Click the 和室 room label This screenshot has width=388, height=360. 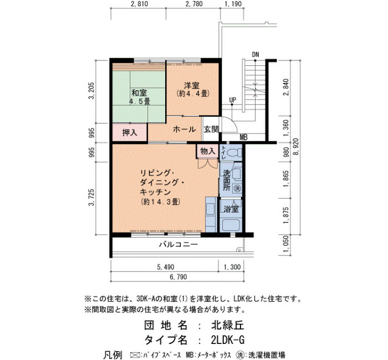pos(139,93)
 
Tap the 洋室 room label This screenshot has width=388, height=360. pos(192,85)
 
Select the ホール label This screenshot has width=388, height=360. pos(185,129)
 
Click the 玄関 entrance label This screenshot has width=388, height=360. pos(211,129)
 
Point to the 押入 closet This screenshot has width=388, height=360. pos(130,133)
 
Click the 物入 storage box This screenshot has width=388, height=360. pos(208,151)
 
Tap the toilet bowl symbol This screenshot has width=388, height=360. pos(236,152)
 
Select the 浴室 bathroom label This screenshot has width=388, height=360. pos(231,209)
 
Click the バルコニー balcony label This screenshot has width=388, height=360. pos(178,245)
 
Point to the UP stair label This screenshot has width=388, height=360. pos(233,100)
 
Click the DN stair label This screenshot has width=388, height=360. pos(256,54)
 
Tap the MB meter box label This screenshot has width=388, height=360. pos(244,137)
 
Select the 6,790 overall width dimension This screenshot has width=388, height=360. pos(178,277)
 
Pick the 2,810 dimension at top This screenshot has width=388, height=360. pos(139,4)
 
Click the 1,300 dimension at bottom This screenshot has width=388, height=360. pos(232,267)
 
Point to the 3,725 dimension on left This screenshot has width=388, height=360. pos(92,197)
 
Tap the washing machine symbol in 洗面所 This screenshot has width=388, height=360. pos(237,188)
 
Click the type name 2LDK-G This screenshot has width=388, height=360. pos(228,340)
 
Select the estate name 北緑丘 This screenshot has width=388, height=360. pos(228,325)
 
